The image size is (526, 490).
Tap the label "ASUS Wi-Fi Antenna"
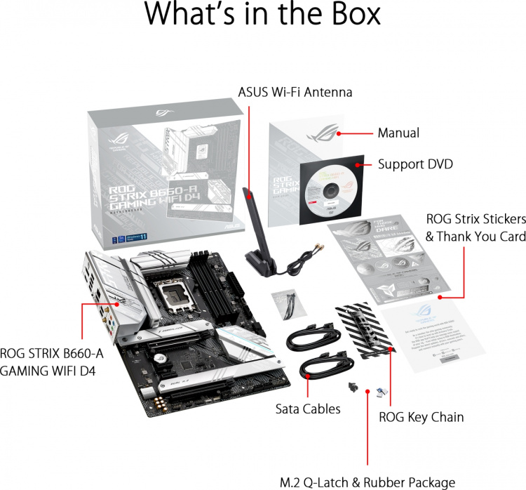click(x=295, y=92)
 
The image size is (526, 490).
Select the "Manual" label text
click(x=398, y=133)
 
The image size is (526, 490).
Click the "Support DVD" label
click(x=415, y=164)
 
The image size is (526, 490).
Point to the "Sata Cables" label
click(x=309, y=409)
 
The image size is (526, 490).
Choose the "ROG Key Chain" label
click(x=421, y=417)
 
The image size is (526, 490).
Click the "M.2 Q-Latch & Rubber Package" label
click(x=367, y=482)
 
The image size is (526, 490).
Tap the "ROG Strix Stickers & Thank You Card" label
click(x=476, y=227)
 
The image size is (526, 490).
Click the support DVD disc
click(x=328, y=187)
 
